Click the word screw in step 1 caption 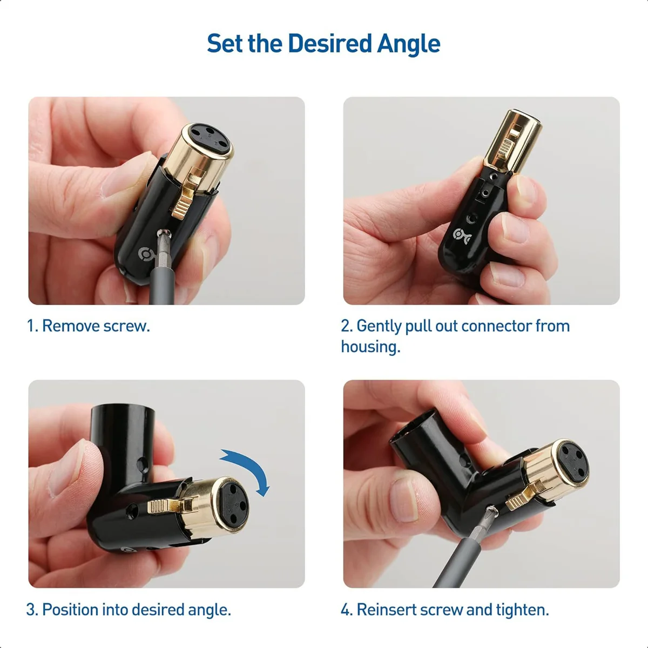pos(126,326)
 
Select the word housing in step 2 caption pos(370,347)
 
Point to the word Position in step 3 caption pos(70,610)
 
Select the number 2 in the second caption pos(346,326)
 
